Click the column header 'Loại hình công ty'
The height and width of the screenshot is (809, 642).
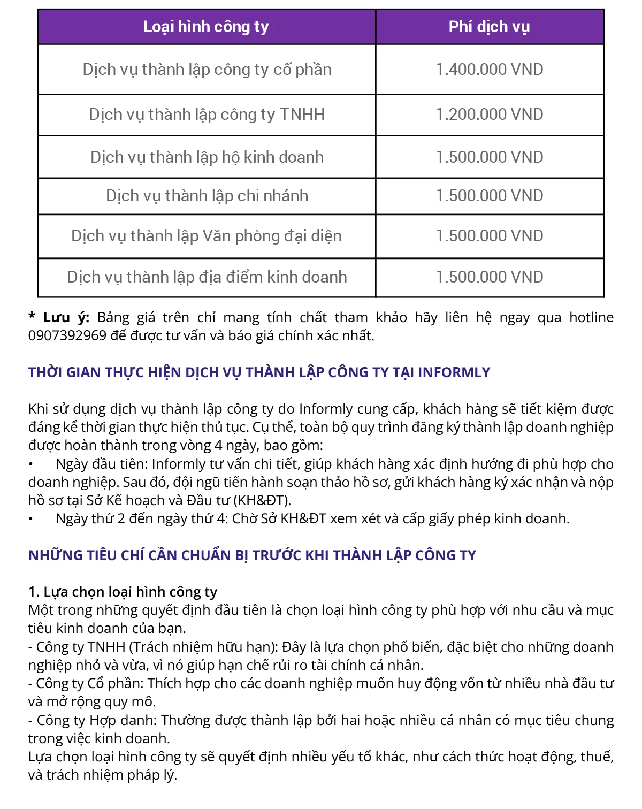coord(206,27)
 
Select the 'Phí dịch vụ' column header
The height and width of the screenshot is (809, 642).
coord(489,27)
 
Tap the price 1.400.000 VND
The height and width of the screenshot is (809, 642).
coord(490,70)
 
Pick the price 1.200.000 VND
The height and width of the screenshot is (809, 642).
coord(490,115)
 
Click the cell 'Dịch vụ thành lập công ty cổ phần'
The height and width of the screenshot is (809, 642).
coord(207,70)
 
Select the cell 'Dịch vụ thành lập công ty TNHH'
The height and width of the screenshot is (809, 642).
coord(207,115)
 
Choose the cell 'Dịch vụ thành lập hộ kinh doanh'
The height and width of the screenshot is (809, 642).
coord(207,157)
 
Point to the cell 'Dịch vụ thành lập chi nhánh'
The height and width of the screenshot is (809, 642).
coord(207,196)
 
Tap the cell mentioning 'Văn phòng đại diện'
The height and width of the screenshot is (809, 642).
coord(207,236)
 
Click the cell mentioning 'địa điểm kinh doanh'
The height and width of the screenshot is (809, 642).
coord(207,277)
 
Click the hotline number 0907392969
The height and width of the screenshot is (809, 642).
coord(67,336)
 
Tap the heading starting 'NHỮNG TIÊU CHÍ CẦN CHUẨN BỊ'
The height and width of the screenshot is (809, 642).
coord(252,555)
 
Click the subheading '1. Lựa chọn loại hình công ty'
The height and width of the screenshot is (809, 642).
coord(123,592)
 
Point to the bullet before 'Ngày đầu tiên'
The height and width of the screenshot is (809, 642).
coord(31,464)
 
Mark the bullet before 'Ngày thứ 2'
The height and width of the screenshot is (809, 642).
coord(31,519)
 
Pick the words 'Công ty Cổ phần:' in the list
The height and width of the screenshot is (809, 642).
coord(90,684)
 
